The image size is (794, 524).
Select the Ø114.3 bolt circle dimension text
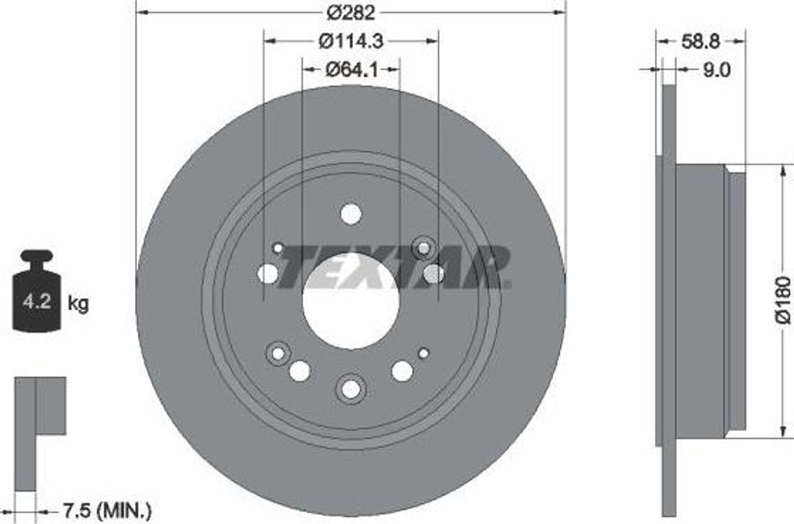pyautogui.click(x=350, y=40)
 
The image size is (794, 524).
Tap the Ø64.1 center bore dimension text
pyautogui.click(x=350, y=70)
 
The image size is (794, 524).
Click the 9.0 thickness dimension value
pyautogui.click(x=716, y=70)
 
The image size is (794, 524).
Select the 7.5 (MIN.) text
pyautogui.click(x=106, y=510)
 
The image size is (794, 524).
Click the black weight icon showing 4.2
pyautogui.click(x=36, y=292)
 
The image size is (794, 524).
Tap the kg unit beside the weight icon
pyautogui.click(x=78, y=303)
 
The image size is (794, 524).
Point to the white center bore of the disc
pyautogui.click(x=350, y=302)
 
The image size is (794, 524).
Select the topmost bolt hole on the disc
pyautogui.click(x=350, y=214)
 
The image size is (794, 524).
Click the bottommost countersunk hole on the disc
pyautogui.click(x=350, y=388)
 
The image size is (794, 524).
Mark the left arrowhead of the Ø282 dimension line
pyautogui.click(x=141, y=12)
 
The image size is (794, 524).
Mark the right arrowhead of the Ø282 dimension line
pyautogui.click(x=561, y=12)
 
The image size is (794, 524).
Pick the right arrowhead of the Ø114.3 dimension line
pyautogui.click(x=433, y=40)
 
